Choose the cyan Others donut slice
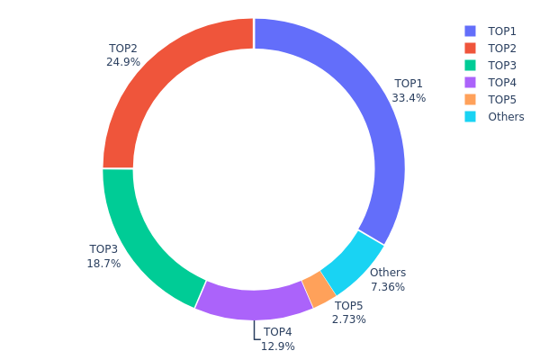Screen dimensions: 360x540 (351, 261)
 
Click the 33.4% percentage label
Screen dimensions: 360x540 (409, 98)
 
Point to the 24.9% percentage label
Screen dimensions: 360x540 (123, 62)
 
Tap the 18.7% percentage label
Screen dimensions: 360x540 (103, 264)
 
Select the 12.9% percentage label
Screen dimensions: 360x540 (278, 346)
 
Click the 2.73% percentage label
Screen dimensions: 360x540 (349, 319)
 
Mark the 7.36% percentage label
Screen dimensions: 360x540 (388, 287)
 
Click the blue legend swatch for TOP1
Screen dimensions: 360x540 (471, 31)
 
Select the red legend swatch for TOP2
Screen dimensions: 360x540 (471, 48)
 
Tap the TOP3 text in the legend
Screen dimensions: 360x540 (502, 65)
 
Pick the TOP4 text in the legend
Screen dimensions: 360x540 (502, 82)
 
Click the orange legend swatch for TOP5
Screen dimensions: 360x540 (471, 99)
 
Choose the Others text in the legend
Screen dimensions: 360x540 (506, 116)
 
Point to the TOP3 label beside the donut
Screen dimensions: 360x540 (103, 249)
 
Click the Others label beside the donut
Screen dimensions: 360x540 (388, 273)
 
